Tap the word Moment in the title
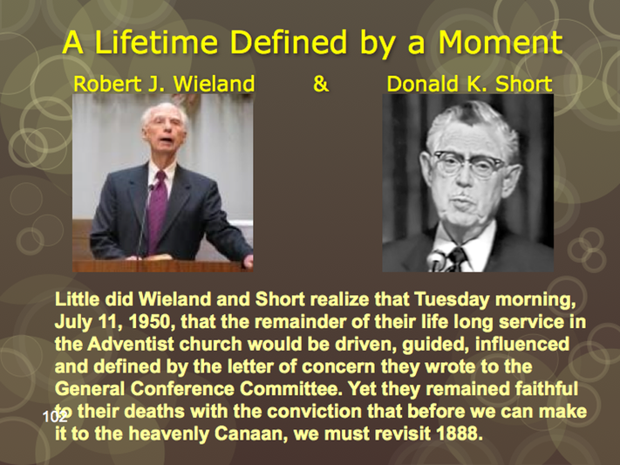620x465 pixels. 501,42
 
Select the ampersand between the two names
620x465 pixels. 321,84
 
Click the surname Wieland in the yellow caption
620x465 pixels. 214,84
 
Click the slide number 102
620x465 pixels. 55,416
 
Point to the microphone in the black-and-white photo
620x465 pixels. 438,259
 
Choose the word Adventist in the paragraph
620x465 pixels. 131,345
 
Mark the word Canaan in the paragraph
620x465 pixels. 250,434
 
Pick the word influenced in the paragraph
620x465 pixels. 522,345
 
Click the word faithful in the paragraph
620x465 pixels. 547,389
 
